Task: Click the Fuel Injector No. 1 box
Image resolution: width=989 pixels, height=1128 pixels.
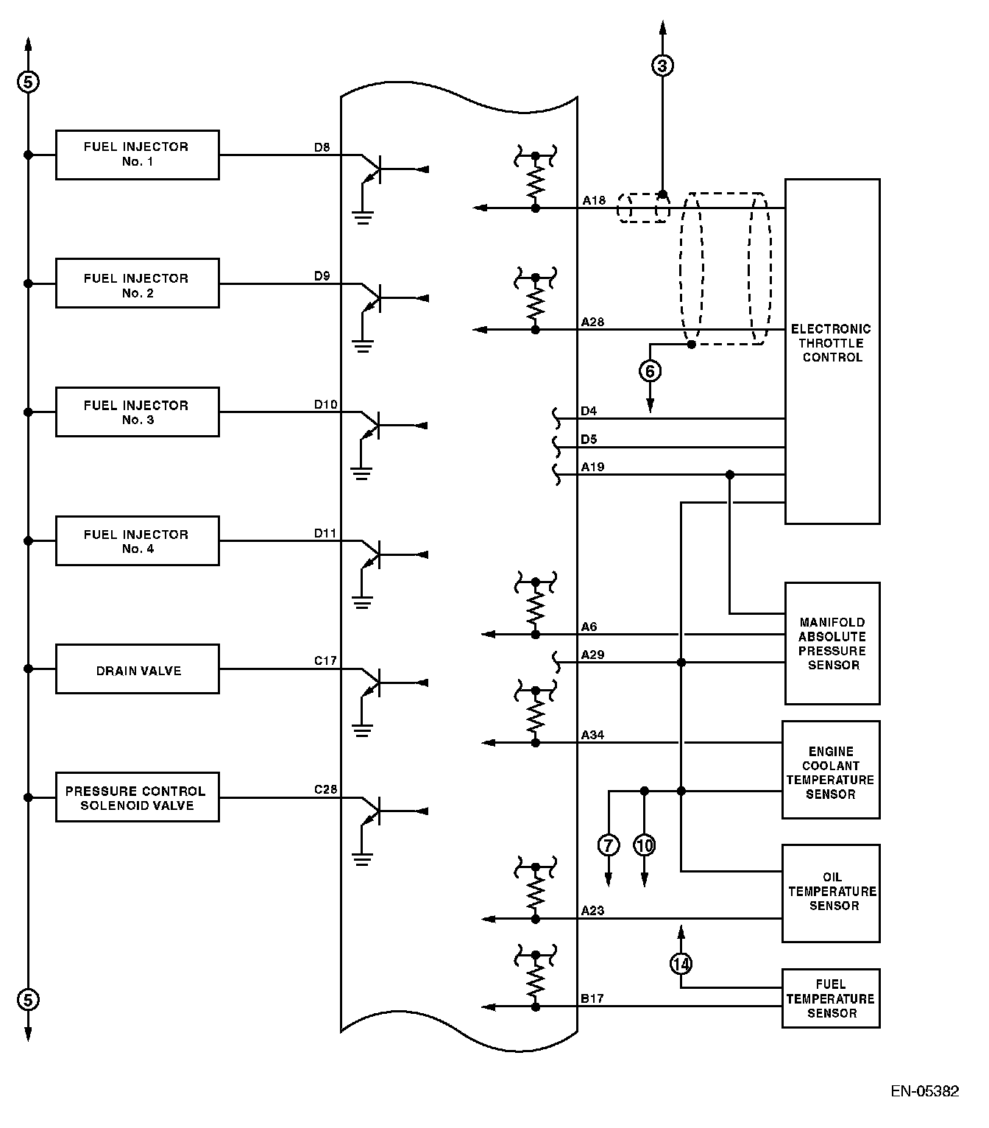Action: (137, 155)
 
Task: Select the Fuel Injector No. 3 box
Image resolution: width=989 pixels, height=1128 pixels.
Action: (137, 412)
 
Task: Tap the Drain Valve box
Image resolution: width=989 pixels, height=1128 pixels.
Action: (137, 669)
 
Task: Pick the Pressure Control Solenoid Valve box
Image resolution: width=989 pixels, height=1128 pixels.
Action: (137, 797)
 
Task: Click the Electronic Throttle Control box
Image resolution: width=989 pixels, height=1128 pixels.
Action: (832, 351)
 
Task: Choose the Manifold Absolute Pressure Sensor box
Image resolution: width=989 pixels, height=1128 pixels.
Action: (832, 644)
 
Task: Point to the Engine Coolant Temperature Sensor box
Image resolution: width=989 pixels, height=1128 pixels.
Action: (831, 770)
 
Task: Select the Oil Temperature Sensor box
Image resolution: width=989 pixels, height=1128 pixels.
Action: (831, 893)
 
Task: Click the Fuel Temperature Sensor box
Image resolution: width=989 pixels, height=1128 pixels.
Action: (831, 998)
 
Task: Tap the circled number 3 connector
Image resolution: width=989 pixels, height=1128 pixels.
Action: (662, 66)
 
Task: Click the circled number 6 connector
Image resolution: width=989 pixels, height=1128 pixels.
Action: (651, 371)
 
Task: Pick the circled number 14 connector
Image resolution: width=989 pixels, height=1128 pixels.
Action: (681, 963)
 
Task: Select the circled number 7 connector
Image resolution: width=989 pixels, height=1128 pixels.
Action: (609, 845)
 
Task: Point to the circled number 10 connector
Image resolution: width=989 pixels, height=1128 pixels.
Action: (645, 845)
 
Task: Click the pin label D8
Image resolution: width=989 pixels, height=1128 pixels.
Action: (322, 147)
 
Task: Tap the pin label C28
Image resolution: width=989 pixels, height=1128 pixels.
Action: (325, 789)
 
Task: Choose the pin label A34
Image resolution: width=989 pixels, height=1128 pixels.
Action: (592, 735)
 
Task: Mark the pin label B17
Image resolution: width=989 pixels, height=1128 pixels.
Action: (592, 998)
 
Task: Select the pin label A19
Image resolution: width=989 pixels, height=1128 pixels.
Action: (592, 467)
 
